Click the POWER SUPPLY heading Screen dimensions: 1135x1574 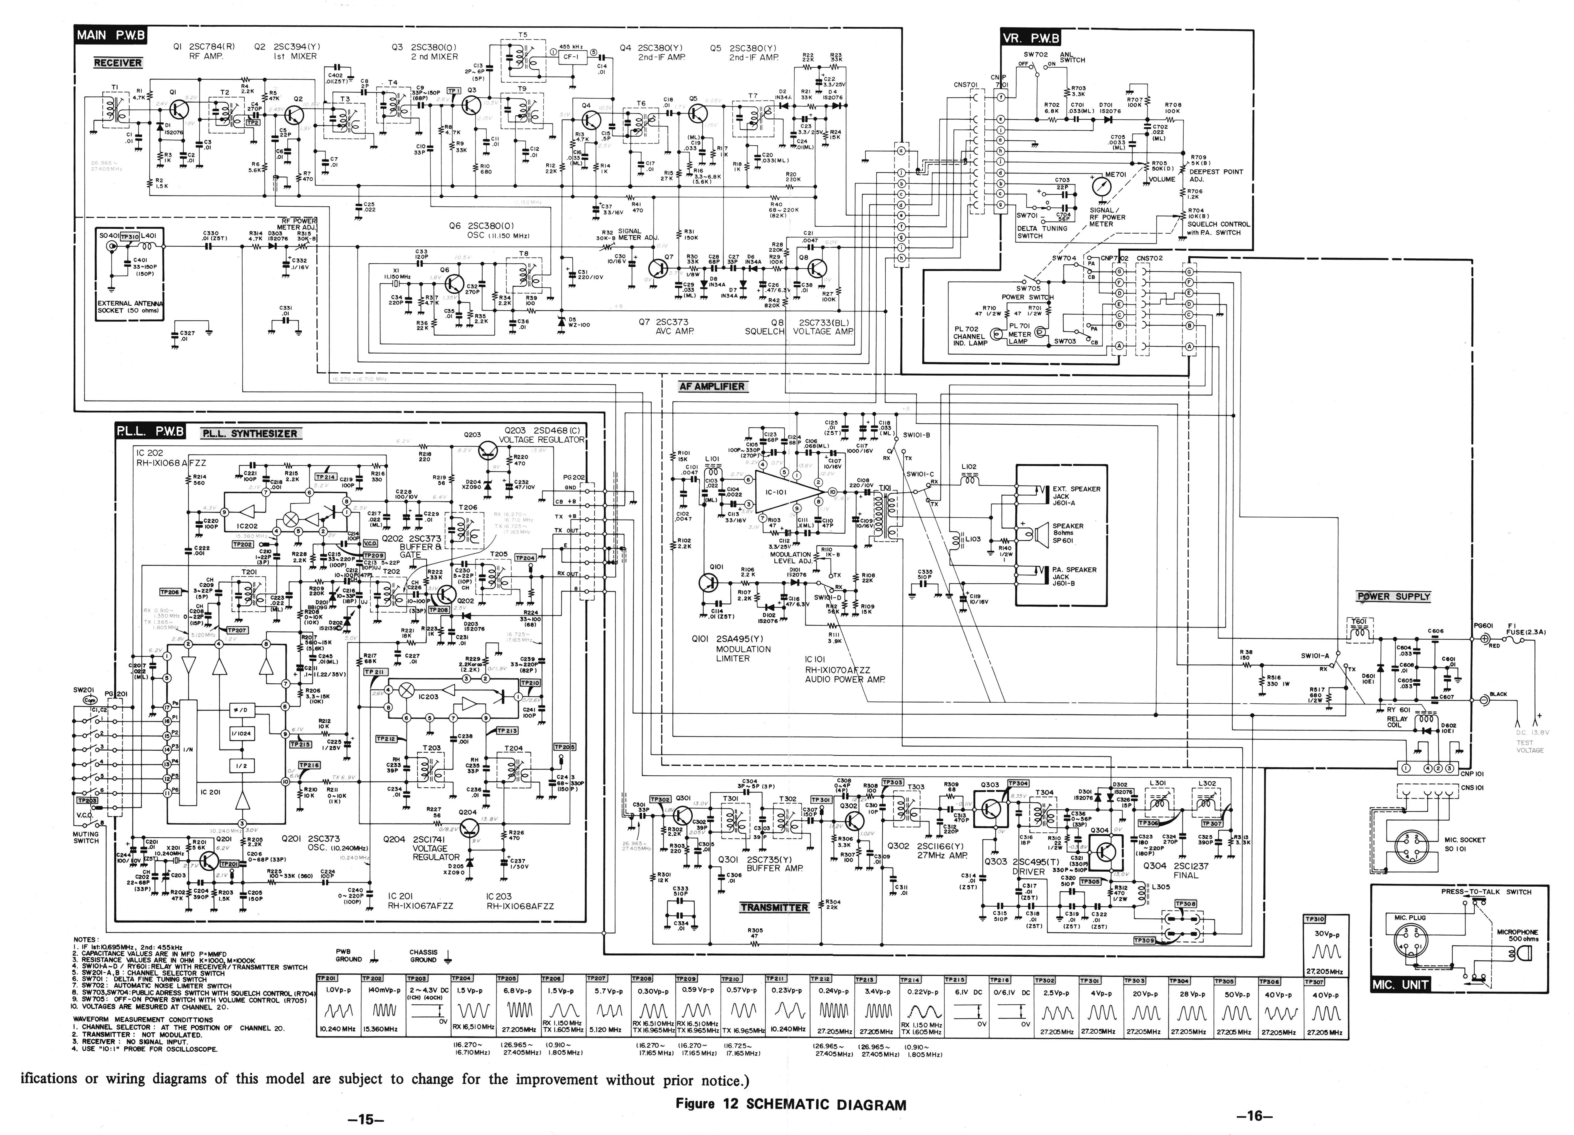coord(1393,597)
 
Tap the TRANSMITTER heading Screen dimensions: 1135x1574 coord(774,907)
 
